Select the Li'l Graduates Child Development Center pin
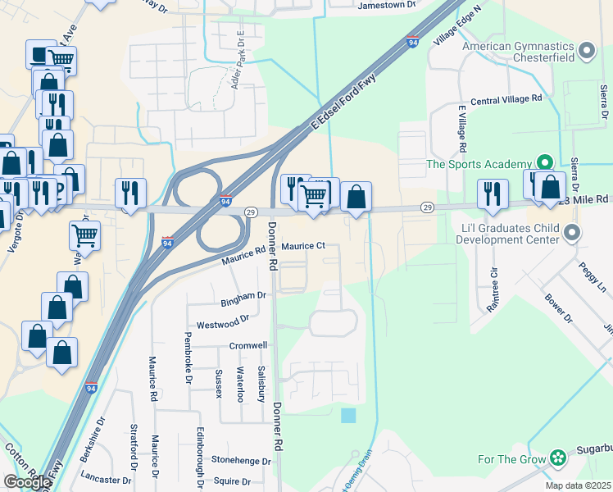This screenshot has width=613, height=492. click(571, 234)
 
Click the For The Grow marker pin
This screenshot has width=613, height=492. click(558, 458)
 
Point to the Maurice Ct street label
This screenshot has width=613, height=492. click(303, 245)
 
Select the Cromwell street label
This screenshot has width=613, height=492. click(248, 346)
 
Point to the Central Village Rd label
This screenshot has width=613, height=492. click(506, 100)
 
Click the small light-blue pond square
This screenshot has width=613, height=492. click(348, 415)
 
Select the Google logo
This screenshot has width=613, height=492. click(27, 481)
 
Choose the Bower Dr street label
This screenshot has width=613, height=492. click(557, 304)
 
